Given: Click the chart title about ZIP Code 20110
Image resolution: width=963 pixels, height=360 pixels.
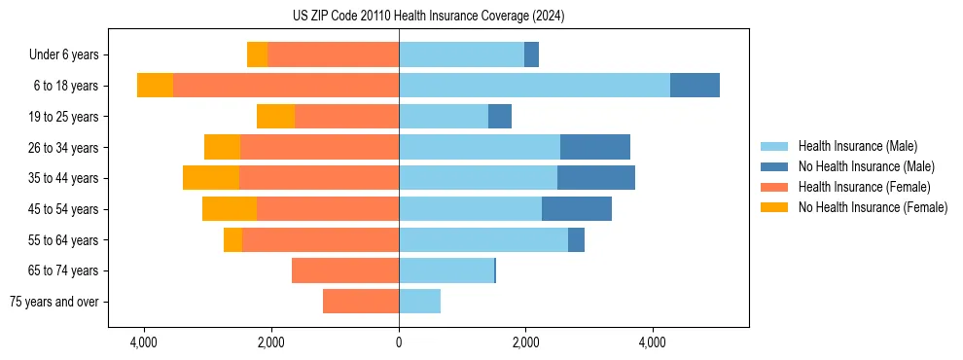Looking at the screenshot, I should click(428, 17).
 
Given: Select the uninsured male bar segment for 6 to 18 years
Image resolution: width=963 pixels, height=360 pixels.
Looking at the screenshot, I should click(695, 86).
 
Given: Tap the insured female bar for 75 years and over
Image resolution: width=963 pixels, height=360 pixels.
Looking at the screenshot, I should click(361, 302).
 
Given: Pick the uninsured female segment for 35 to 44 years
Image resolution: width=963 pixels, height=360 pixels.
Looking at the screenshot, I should click(211, 178).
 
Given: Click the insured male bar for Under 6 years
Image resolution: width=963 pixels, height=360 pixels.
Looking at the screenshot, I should click(461, 54).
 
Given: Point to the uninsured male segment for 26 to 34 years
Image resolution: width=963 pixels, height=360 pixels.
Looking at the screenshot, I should click(595, 147).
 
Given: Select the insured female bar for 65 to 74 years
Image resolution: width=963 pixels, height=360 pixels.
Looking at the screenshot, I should click(345, 270).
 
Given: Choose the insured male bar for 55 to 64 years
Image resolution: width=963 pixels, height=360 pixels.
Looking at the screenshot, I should click(483, 239).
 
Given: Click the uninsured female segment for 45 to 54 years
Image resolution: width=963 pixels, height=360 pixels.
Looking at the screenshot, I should click(230, 209).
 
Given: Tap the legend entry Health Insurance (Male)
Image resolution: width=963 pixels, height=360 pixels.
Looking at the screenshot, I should click(857, 146).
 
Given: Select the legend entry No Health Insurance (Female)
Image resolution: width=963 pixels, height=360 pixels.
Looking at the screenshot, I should click(873, 207).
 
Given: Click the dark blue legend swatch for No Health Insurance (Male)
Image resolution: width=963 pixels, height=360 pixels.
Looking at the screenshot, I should click(775, 166).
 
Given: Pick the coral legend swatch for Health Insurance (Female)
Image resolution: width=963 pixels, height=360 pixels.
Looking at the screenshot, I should click(775, 187).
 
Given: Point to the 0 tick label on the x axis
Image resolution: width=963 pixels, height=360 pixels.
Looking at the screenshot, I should click(399, 342).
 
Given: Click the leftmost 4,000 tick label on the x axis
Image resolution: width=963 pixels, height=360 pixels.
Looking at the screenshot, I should click(144, 342).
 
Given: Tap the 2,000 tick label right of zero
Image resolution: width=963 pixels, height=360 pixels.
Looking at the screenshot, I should click(525, 342).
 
